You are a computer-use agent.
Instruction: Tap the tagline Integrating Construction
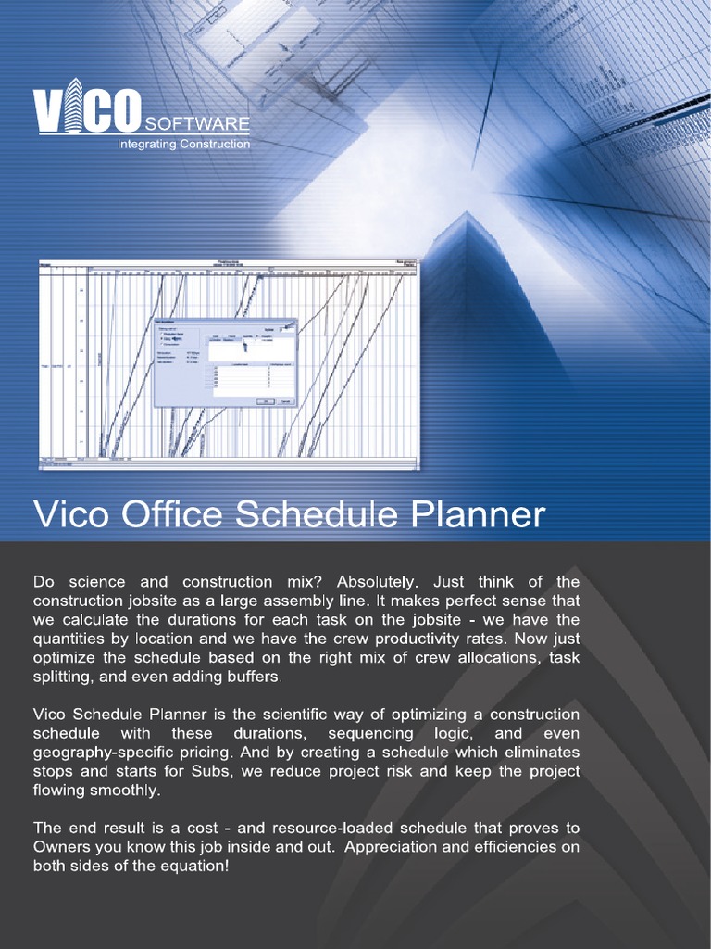pos(182,144)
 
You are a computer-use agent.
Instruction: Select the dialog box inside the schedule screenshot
pos(225,361)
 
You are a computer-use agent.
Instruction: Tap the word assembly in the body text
pos(303,601)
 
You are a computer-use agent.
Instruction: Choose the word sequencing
pos(370,733)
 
